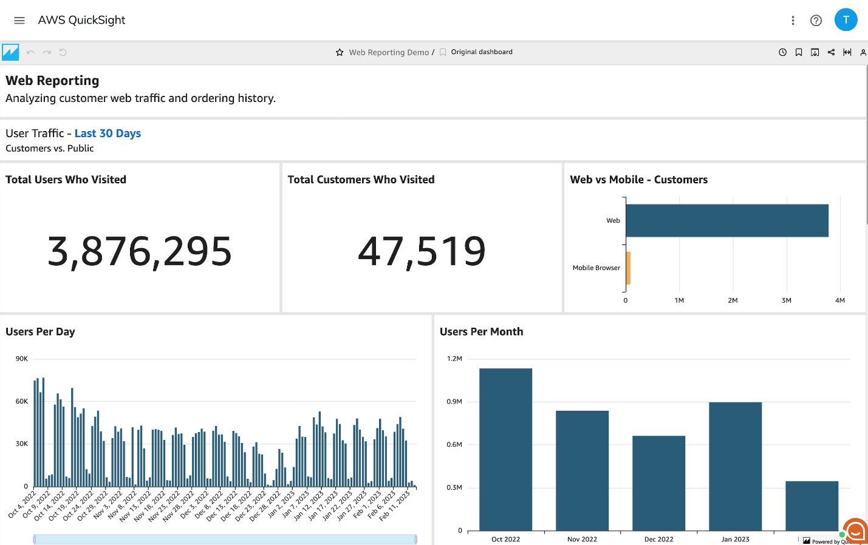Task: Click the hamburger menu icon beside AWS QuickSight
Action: pyautogui.click(x=19, y=21)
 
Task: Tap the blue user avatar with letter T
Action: pyautogui.click(x=846, y=20)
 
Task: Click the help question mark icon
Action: pyautogui.click(x=816, y=21)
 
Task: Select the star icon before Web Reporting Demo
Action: pyautogui.click(x=340, y=52)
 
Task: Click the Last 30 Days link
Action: pyautogui.click(x=108, y=134)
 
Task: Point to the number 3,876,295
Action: pyautogui.click(x=140, y=251)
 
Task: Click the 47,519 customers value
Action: pyautogui.click(x=422, y=251)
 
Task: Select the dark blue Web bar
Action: pyautogui.click(x=726, y=220)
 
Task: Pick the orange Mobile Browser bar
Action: pyautogui.click(x=628, y=268)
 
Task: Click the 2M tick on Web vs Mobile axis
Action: pyautogui.click(x=733, y=300)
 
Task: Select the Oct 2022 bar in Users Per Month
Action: pyautogui.click(x=505, y=449)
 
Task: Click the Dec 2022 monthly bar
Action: pyautogui.click(x=658, y=483)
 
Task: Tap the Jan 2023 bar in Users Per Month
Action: pyautogui.click(x=735, y=466)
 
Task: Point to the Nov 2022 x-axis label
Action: pyautogui.click(x=582, y=539)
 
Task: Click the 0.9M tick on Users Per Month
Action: pyautogui.click(x=454, y=402)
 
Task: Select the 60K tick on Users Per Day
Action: pyautogui.click(x=22, y=401)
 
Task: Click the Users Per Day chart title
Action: pyautogui.click(x=40, y=332)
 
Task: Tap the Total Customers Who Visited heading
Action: pyautogui.click(x=361, y=180)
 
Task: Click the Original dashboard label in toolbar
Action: pyautogui.click(x=481, y=52)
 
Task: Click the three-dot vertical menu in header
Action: pyautogui.click(x=793, y=21)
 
